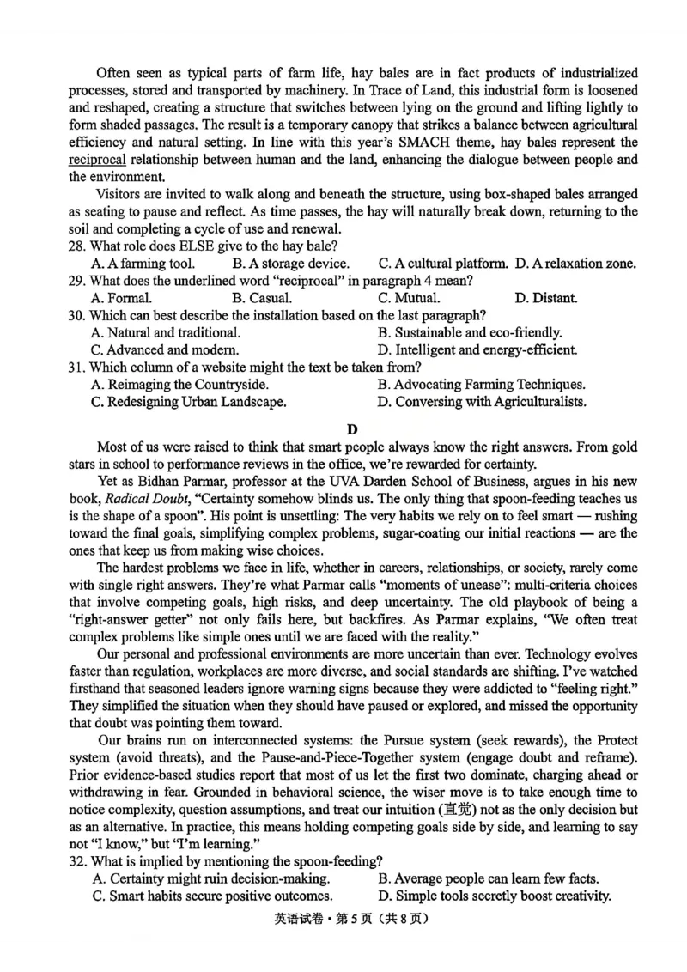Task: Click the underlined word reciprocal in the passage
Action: [97, 160]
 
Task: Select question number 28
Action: [77, 246]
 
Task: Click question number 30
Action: [77, 315]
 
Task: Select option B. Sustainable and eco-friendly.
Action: [470, 332]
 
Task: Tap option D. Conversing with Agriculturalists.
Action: [482, 401]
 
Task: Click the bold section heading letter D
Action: [351, 428]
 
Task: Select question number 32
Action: [77, 861]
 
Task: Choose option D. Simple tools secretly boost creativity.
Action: [495, 896]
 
